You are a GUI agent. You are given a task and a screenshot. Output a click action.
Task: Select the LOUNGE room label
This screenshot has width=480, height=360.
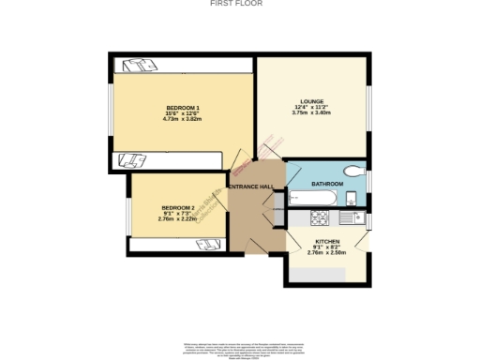pyautogui.click(x=311, y=100)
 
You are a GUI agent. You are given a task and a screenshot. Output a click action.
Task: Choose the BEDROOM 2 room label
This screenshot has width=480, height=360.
pyautogui.click(x=176, y=207)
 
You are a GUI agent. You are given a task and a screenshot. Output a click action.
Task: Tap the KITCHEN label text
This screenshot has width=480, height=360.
pyautogui.click(x=327, y=242)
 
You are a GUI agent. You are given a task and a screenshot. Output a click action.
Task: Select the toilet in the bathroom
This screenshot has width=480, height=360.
pyautogui.click(x=353, y=171)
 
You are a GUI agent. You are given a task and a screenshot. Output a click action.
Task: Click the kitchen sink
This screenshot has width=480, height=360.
pyautogui.click(x=351, y=217)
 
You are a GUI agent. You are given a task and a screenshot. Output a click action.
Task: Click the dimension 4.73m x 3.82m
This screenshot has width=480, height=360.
pyautogui.click(x=183, y=119)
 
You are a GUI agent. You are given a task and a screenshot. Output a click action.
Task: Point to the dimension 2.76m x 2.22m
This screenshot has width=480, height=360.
pyautogui.click(x=176, y=218)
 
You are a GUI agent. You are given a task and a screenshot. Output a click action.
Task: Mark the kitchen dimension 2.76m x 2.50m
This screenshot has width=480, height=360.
pyautogui.click(x=327, y=253)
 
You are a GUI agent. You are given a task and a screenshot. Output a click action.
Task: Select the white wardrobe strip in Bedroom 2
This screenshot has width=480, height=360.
pyautogui.click(x=178, y=244)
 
